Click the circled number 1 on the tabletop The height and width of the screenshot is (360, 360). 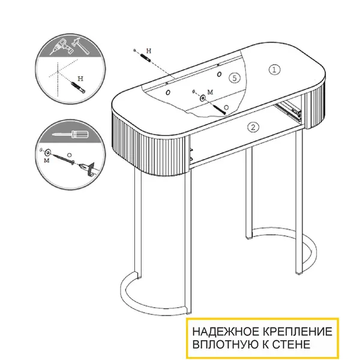(274, 70)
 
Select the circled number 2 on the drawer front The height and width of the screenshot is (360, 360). (253, 127)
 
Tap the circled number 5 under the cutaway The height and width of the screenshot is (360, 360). (235, 78)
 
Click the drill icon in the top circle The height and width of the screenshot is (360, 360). (61, 47)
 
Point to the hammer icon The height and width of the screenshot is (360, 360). (80, 46)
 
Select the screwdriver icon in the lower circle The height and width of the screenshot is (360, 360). (70, 134)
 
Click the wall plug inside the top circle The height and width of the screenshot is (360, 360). (78, 87)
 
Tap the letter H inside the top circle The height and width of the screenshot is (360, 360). (80, 79)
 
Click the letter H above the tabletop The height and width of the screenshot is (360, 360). (149, 51)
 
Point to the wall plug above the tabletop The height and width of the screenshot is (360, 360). (145, 58)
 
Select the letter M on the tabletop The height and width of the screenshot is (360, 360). (210, 92)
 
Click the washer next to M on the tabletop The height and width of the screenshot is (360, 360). (203, 98)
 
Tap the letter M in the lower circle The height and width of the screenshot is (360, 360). (47, 160)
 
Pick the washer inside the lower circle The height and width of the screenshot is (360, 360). (48, 152)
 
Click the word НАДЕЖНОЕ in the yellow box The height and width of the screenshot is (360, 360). (227, 332)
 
